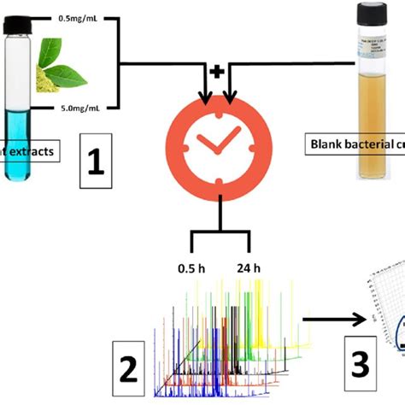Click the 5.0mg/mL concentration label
coord(84,109)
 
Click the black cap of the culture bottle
coord(376,14)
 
